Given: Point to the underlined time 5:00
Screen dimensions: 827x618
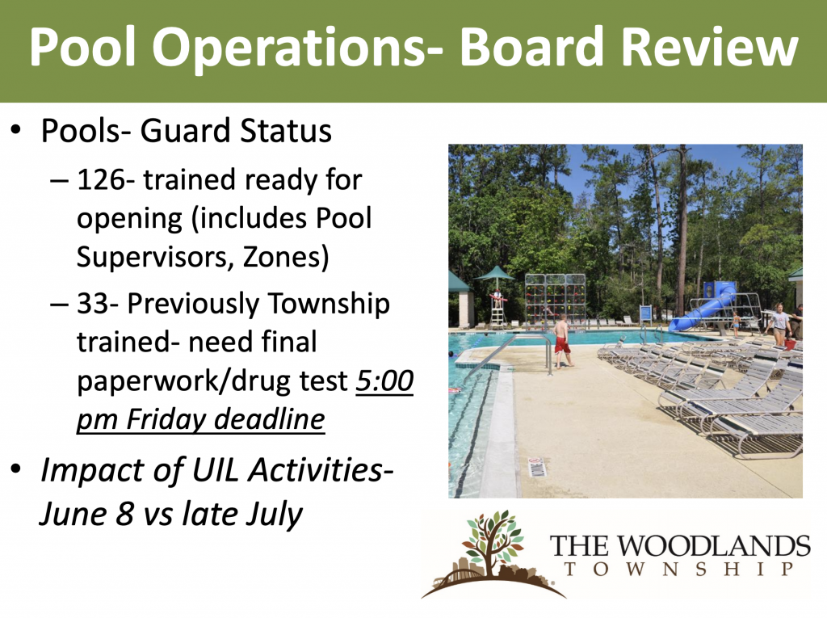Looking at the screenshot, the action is [x=384, y=380].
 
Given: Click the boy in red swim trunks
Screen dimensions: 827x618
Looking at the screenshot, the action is [x=562, y=341].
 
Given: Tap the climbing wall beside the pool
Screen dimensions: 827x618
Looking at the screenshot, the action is [x=555, y=299].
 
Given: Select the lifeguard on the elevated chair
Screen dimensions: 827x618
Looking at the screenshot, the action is [x=497, y=297].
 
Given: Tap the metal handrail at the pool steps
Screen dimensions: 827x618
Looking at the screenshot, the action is [x=508, y=352].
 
